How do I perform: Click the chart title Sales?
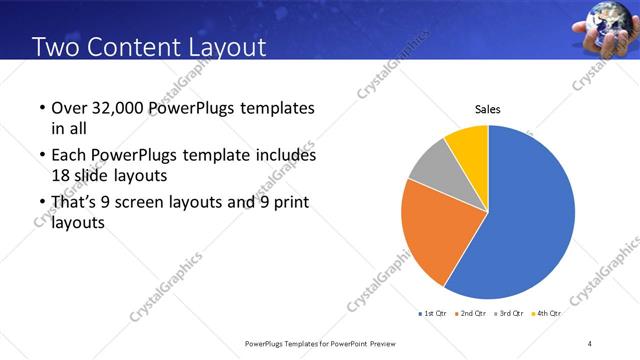[x=487, y=110]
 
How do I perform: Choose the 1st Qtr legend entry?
[x=435, y=314]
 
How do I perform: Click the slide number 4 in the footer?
[x=590, y=344]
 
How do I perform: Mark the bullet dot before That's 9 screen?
[x=41, y=204]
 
